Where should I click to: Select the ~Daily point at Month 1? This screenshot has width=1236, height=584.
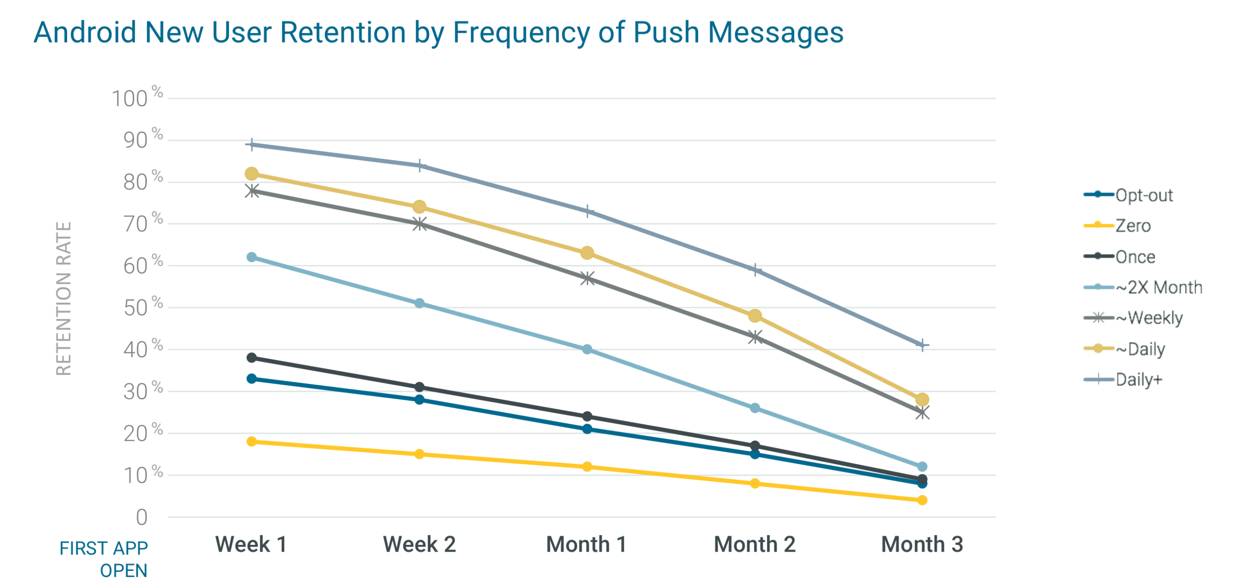tap(587, 252)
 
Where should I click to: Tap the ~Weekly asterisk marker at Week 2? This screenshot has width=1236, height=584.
tap(419, 223)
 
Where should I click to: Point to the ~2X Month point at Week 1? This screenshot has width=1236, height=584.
tap(251, 257)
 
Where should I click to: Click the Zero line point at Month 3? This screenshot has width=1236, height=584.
tap(922, 500)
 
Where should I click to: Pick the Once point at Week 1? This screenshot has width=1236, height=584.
tap(251, 357)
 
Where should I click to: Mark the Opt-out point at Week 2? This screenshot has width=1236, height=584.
tap(419, 399)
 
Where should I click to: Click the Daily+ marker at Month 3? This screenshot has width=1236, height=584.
tap(922, 345)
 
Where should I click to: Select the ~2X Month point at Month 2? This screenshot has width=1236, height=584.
tap(754, 407)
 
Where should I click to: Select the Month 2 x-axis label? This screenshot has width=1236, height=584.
tap(754, 544)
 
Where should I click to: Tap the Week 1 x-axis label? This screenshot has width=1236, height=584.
tap(251, 544)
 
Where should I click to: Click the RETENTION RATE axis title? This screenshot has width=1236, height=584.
tap(64, 298)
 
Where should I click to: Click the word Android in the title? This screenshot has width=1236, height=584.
tap(84, 32)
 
